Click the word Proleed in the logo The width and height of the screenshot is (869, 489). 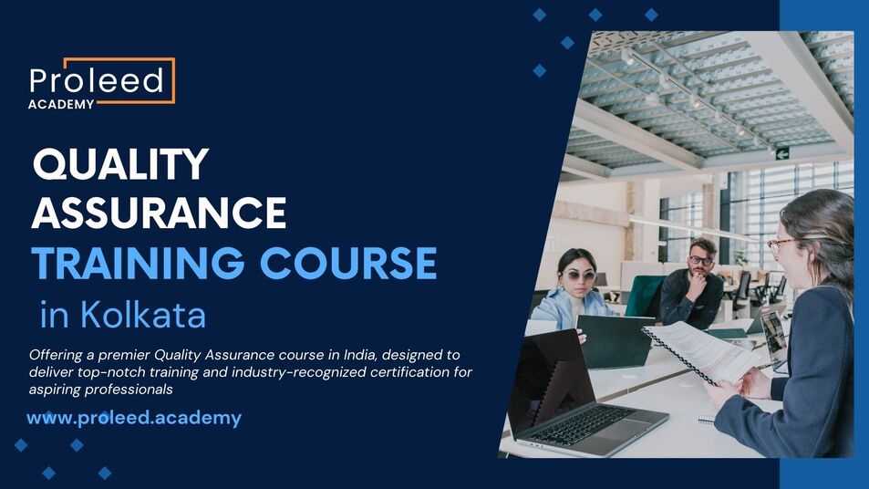coord(97,80)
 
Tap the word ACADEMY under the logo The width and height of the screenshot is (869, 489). coord(61,104)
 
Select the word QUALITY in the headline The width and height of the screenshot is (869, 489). coord(120,164)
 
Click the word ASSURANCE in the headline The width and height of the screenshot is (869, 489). coord(159,213)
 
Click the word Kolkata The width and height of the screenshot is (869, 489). coord(143,315)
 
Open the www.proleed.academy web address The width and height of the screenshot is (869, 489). coord(134,418)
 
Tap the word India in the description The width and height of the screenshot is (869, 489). coord(360,354)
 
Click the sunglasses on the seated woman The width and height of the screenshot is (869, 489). coord(577,276)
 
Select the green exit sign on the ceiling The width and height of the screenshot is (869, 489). coord(782,153)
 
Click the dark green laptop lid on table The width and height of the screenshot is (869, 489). coord(614,340)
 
